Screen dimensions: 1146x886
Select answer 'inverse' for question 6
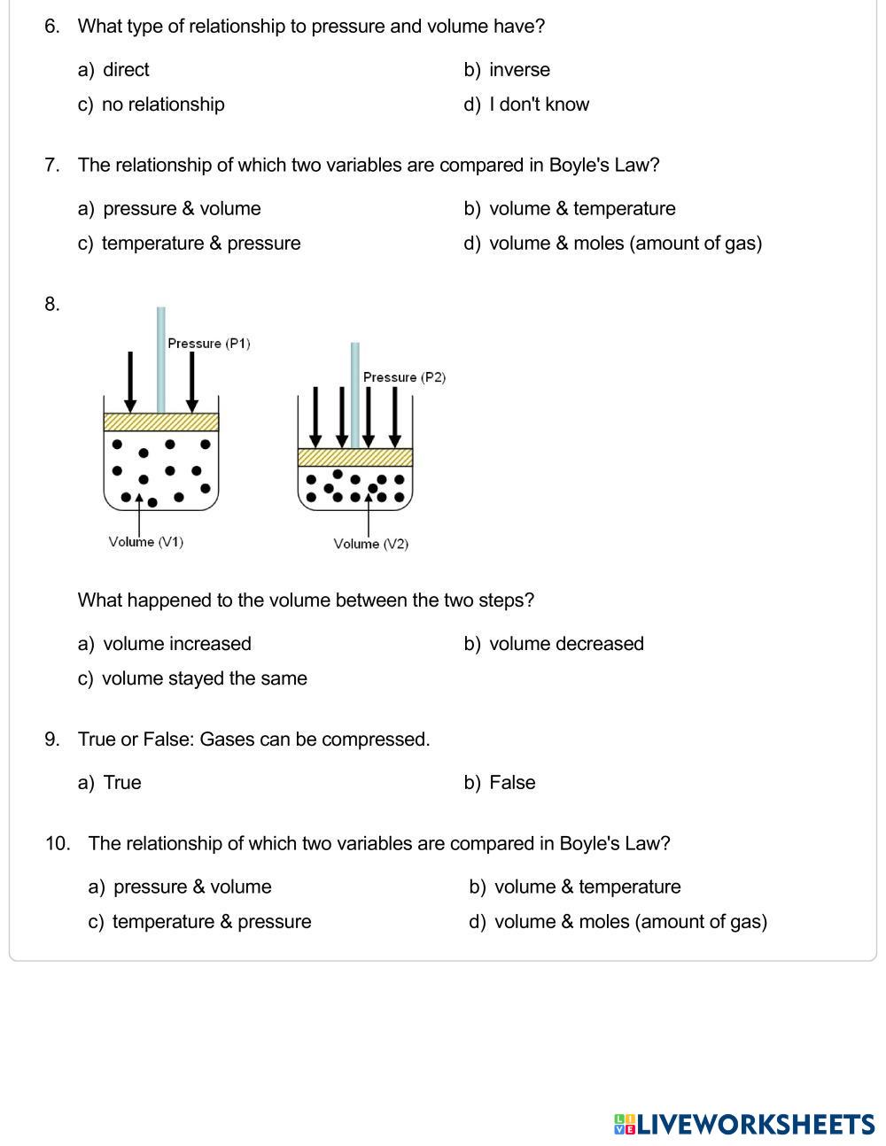pos(518,70)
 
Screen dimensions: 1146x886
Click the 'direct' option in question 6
pos(125,70)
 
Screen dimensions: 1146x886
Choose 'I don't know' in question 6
pos(538,105)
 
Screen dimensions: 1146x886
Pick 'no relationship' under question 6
pos(162,105)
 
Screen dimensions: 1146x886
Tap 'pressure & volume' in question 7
pos(181,209)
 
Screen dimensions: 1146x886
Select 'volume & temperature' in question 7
pos(581,209)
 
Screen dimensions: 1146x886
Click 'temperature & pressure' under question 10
pos(211,922)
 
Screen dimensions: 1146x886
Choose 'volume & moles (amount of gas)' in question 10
pos(630,922)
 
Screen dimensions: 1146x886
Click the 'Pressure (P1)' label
pos(209,344)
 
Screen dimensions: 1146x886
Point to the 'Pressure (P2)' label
pos(404,377)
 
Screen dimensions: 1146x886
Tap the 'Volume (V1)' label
pos(146,542)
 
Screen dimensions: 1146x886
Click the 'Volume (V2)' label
pos(371,544)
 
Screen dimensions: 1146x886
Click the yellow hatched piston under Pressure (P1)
pos(161,422)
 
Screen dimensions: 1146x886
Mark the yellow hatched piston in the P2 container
pos(355,457)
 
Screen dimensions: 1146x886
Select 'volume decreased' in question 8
pos(565,644)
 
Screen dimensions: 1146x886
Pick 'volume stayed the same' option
pos(204,678)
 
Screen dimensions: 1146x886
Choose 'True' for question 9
pos(121,783)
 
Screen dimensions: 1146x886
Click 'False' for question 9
pos(511,783)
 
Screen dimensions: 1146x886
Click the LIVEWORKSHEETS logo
pos(744,1125)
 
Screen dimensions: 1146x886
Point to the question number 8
pos(52,305)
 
